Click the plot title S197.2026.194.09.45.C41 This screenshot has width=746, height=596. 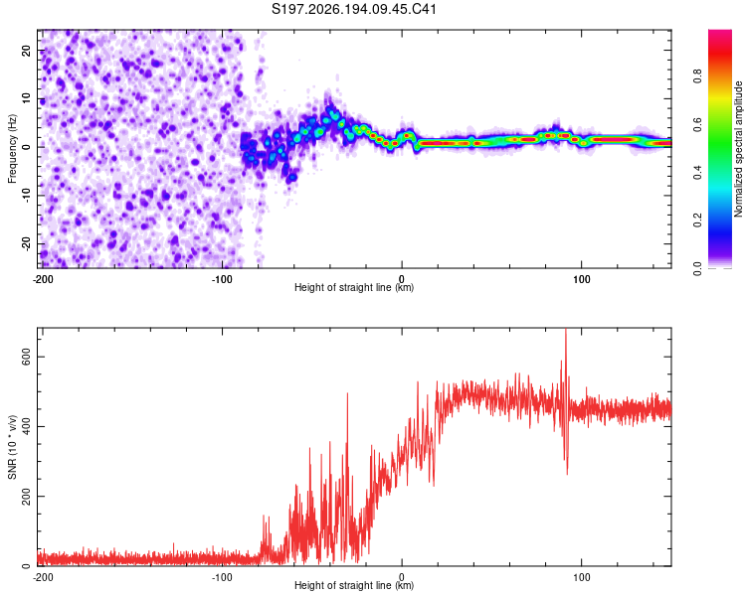[353, 9]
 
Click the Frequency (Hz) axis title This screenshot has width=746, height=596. [12, 149]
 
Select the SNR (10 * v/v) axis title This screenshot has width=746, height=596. [12, 447]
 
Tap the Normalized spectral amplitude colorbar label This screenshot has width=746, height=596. [738, 149]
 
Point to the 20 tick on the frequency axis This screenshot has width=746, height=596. [27, 50]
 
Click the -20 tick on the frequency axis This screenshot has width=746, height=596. [27, 243]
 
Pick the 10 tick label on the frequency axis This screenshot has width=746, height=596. [27, 98]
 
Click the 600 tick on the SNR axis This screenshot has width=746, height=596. [27, 357]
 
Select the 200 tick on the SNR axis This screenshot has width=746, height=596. [27, 497]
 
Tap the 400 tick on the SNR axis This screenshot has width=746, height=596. [27, 427]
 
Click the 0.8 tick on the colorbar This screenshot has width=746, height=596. [697, 76]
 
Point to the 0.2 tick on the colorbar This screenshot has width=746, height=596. [697, 221]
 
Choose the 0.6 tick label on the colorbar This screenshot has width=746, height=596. [697, 124]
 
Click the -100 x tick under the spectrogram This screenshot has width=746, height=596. [222, 279]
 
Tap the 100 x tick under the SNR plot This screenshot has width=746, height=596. [582, 577]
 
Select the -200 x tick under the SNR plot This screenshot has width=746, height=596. [43, 577]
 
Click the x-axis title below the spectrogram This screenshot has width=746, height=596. [354, 287]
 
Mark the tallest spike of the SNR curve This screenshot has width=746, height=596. [566, 330]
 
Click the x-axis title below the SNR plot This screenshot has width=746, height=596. [354, 585]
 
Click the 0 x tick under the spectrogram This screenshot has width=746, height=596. [402, 279]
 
